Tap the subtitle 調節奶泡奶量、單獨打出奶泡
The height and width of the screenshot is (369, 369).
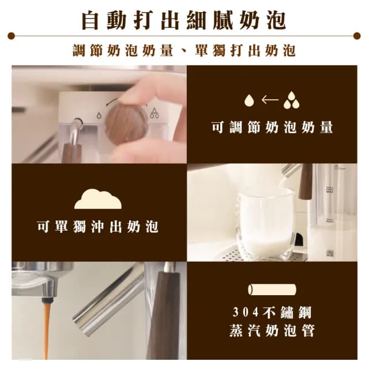point(184,50)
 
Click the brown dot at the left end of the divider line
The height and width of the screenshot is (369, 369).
point(11,36)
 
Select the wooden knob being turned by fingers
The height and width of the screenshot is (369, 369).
point(126,123)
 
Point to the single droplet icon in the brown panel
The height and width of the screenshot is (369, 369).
point(248,100)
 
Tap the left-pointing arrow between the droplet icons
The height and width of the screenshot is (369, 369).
point(269,100)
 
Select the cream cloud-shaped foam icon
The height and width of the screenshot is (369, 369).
point(98,198)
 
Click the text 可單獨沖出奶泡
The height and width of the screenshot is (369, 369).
point(97,227)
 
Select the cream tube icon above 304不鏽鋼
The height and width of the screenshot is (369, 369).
point(272,289)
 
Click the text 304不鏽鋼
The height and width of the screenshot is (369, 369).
point(272,313)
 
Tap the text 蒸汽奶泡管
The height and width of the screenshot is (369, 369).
point(272,333)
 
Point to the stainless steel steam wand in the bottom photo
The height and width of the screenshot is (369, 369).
point(110,300)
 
